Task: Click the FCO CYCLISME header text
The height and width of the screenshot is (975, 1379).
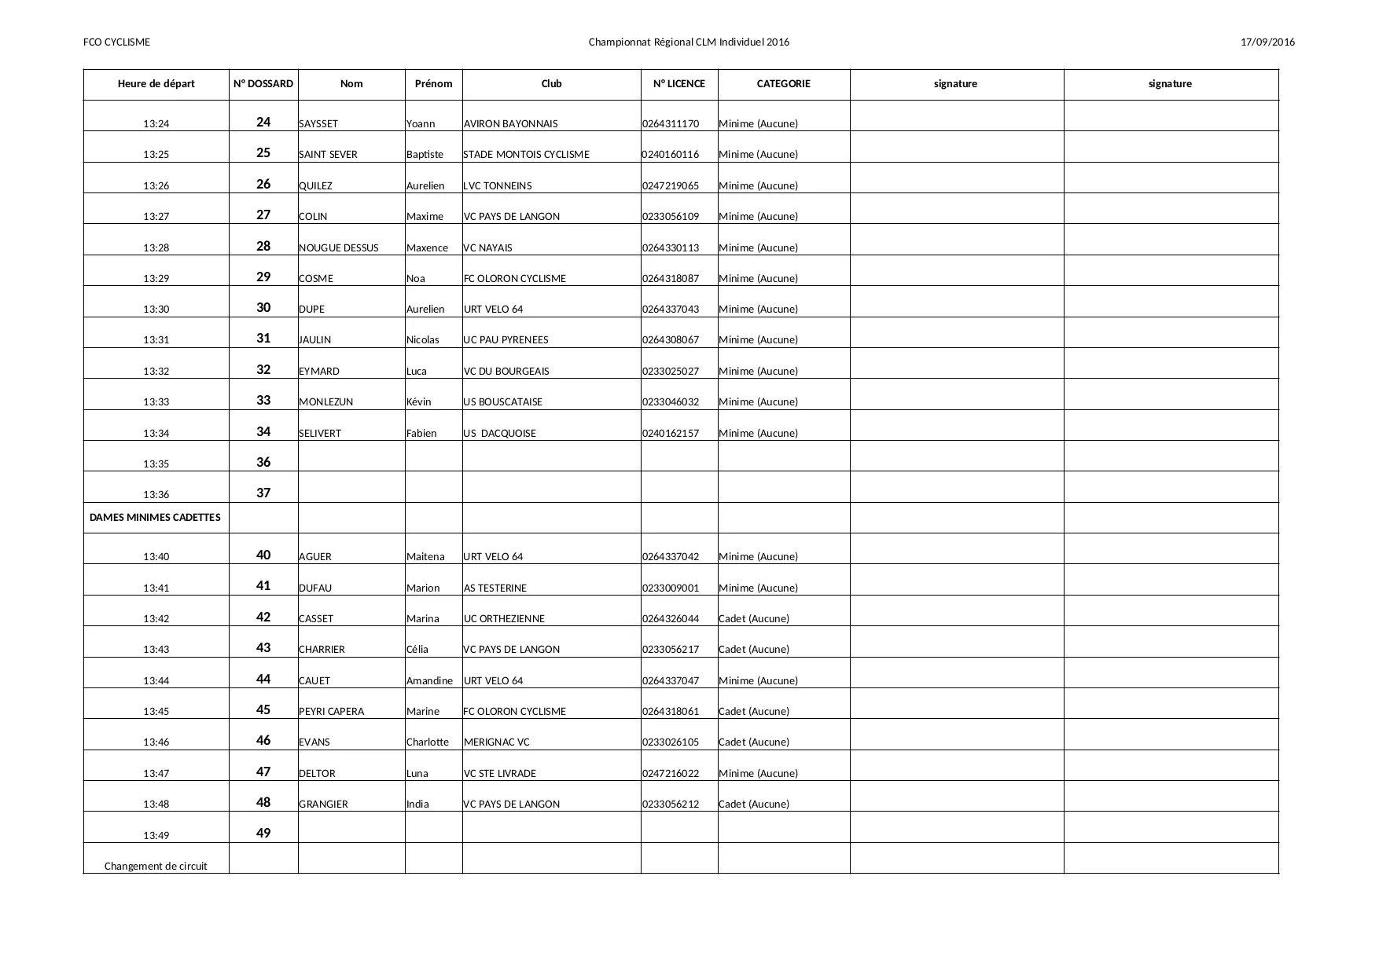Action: point(116,42)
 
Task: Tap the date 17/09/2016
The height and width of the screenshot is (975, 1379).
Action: point(1267,42)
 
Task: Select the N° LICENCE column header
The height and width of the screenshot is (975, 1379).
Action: point(679,84)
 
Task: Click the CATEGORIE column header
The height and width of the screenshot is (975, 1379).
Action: point(783,84)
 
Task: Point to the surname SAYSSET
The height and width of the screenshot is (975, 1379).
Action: point(318,124)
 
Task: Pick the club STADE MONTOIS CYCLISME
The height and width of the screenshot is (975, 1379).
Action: point(526,155)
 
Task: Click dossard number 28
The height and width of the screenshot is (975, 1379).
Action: point(263,247)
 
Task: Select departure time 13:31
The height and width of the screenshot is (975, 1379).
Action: point(156,340)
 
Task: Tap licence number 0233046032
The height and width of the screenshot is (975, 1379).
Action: point(671,402)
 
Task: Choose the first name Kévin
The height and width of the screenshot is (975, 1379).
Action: point(419,402)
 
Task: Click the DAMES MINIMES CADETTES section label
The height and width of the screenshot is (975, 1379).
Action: point(155,518)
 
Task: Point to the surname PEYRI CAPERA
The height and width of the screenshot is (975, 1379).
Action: point(332,712)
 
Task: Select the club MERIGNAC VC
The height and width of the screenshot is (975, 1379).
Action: point(497,742)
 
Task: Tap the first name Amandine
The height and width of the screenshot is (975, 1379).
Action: point(429,681)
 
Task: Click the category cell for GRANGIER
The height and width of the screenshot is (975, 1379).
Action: point(754,805)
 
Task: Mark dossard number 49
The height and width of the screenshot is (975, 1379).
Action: point(263,834)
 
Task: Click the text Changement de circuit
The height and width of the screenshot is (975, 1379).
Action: point(156,867)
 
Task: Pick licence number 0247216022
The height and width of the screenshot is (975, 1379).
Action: point(671,774)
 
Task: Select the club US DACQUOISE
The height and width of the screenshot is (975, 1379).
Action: point(500,434)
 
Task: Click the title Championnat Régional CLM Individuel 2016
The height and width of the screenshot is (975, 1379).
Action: point(689,42)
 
